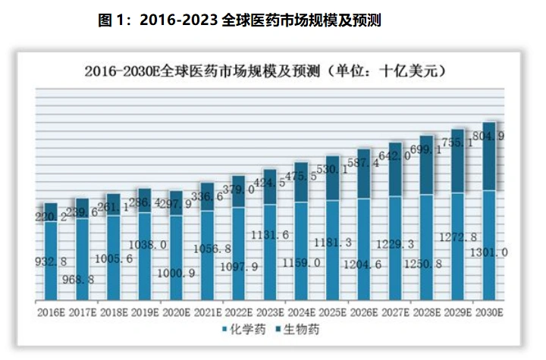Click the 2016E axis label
[51, 311]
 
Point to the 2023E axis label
[270, 311]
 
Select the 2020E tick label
[176, 311]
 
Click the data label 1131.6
[270, 235]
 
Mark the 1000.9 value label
[176, 271]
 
